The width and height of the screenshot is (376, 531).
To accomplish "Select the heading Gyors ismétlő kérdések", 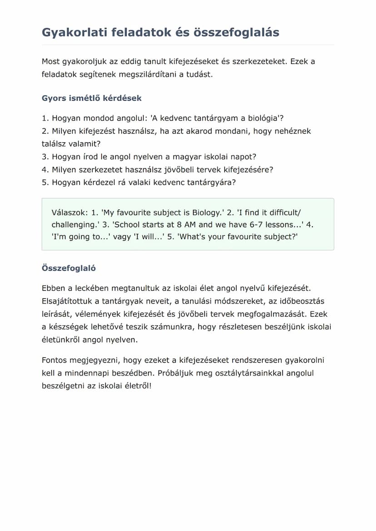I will pyautogui.click(x=92, y=98).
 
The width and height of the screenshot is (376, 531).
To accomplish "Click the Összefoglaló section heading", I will pyautogui.click(x=69, y=268).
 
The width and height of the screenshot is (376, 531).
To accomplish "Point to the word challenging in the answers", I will pyautogui.click(x=74, y=224).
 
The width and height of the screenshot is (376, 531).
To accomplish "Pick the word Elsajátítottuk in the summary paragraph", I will pyautogui.click(x=67, y=301).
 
